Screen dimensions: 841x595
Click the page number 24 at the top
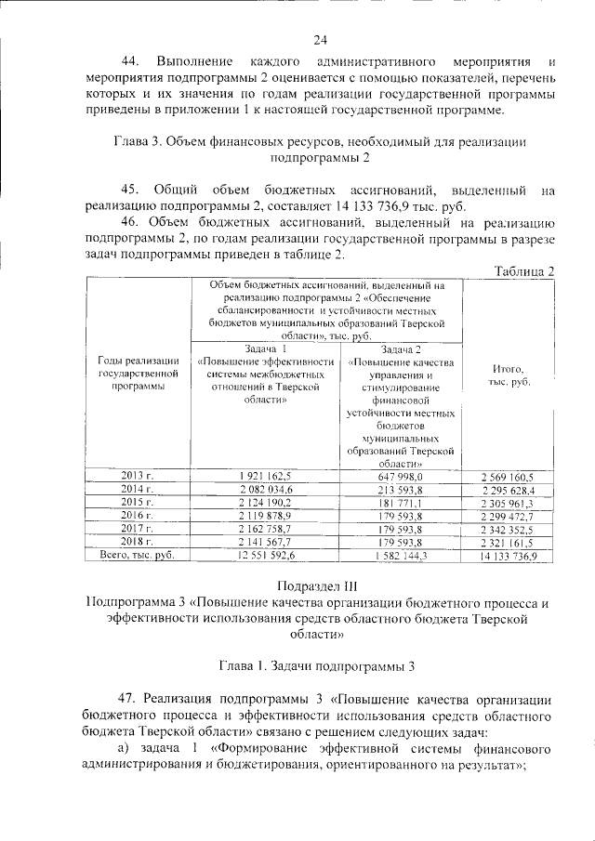[x=321, y=39]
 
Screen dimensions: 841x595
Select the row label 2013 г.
[x=137, y=476]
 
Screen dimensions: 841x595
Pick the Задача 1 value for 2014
[x=266, y=489]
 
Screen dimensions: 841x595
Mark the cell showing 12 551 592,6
[x=266, y=555]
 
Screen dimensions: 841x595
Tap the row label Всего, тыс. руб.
[x=137, y=555]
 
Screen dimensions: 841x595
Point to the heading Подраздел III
[x=321, y=585]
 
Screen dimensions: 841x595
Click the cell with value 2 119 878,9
[x=266, y=515]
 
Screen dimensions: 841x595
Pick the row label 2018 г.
[x=137, y=541]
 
